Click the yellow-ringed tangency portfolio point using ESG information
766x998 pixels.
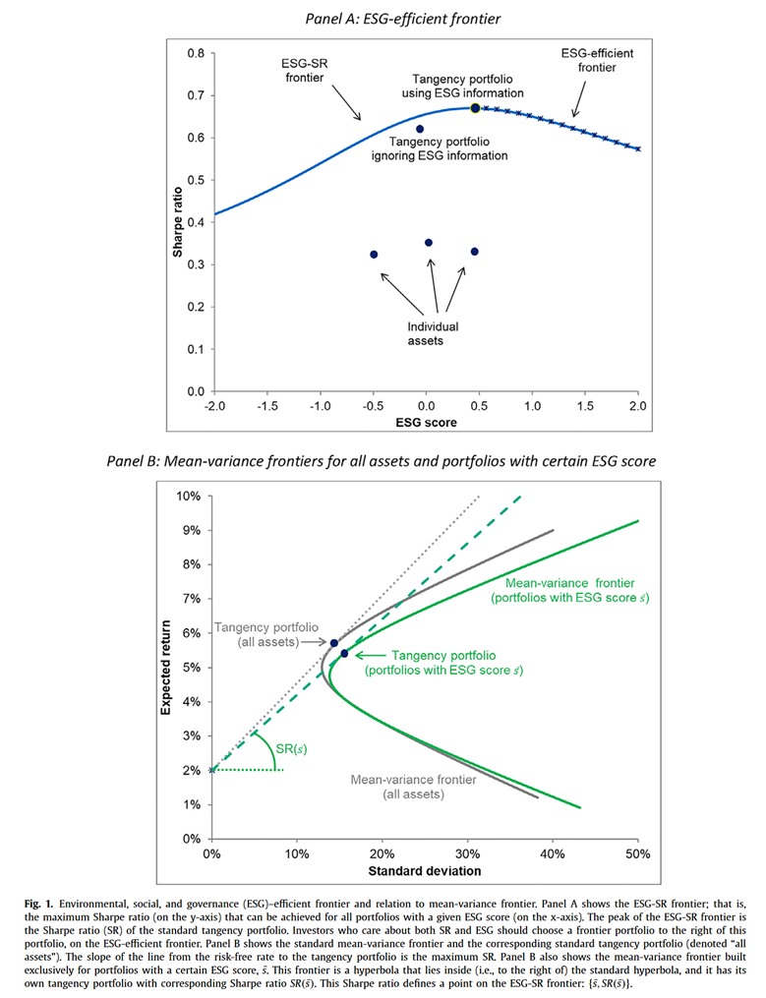pyautogui.click(x=475, y=108)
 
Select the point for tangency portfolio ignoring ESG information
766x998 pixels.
pyautogui.click(x=420, y=129)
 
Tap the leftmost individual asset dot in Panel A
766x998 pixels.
pyautogui.click(x=374, y=255)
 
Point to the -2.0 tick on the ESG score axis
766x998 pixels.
pyautogui.click(x=214, y=406)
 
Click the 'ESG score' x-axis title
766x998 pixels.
pyautogui.click(x=426, y=423)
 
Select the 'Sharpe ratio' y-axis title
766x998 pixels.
pyautogui.click(x=178, y=222)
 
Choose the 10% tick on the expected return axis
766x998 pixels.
pyautogui.click(x=189, y=496)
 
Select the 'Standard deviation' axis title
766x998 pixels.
pyautogui.click(x=424, y=871)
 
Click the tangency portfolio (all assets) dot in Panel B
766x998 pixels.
pyautogui.click(x=334, y=643)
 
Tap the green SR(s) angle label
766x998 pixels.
pyautogui.click(x=288, y=749)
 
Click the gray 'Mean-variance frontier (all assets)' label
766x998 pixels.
pyautogui.click(x=414, y=786)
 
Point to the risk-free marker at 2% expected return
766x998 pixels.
pyautogui.click(x=211, y=770)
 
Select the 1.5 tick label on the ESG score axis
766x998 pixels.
pyautogui.click(x=584, y=406)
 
